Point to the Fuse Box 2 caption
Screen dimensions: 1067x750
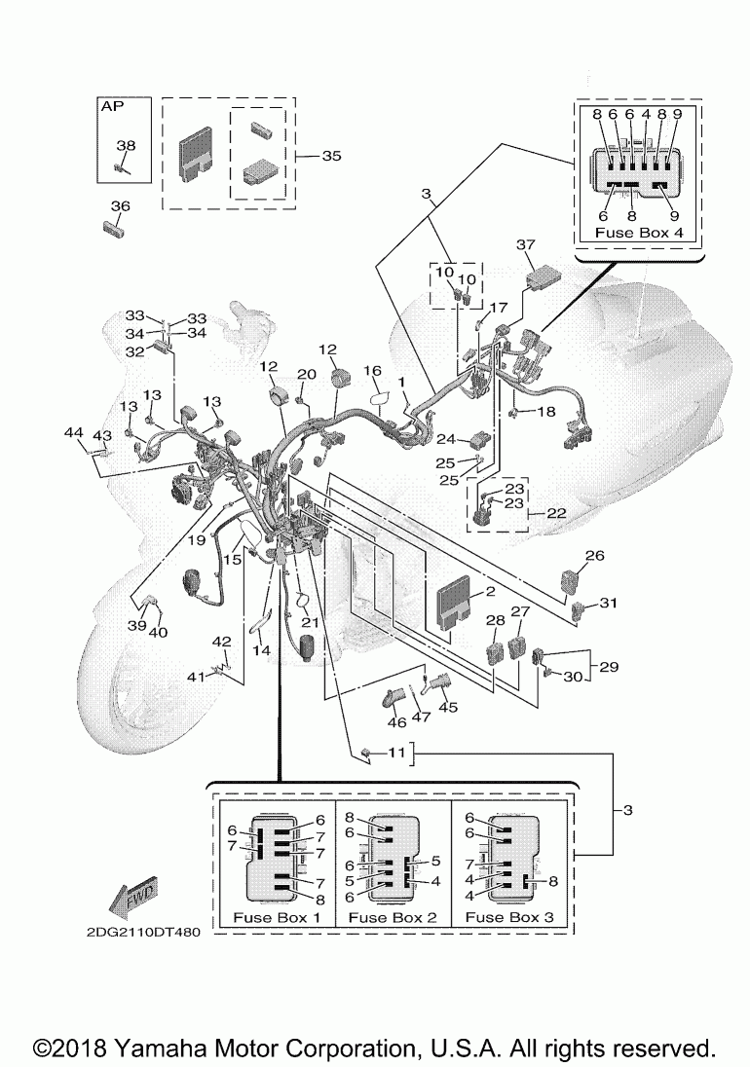[x=392, y=917]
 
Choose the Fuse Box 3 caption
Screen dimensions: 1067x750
[x=509, y=917]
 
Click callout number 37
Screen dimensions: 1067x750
[x=526, y=243]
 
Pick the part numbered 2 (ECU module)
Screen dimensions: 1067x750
[x=458, y=602]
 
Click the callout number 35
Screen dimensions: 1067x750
[x=331, y=156]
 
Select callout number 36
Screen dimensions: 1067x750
[x=120, y=205]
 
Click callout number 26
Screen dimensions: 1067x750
[x=594, y=556]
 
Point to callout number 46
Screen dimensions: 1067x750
[x=396, y=722]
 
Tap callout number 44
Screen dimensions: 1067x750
[x=74, y=431]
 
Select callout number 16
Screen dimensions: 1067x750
[x=372, y=372]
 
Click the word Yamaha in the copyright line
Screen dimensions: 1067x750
[x=159, y=1048]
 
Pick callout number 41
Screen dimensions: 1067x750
[x=197, y=676]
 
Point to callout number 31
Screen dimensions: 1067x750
[x=609, y=604]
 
